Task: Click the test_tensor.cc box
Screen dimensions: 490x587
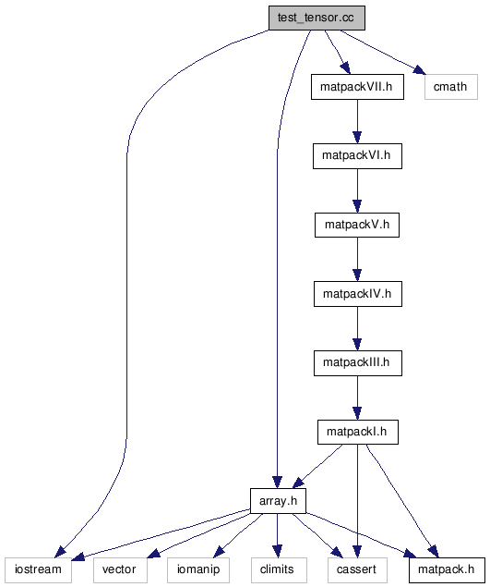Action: (317, 18)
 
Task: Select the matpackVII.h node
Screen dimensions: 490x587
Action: (357, 87)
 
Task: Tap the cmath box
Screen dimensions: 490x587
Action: (451, 87)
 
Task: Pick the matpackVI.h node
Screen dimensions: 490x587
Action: (357, 155)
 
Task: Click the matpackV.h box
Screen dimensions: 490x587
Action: (357, 225)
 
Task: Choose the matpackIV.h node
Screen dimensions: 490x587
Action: (358, 294)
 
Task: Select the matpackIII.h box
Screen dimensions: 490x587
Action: (358, 363)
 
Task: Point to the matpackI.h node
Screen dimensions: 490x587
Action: (358, 432)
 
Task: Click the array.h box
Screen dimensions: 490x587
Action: (278, 501)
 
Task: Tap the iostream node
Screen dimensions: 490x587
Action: (38, 570)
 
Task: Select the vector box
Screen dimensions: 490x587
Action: (120, 570)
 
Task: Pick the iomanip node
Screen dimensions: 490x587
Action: (198, 570)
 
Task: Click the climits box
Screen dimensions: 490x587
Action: (279, 570)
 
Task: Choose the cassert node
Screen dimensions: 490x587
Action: (357, 570)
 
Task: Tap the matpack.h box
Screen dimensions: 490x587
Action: (447, 570)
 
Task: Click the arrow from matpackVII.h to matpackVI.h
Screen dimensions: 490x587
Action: (357, 121)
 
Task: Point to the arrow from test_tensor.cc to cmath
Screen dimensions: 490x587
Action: (383, 52)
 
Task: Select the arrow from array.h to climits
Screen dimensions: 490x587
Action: (278, 536)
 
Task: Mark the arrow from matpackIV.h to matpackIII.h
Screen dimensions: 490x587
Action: (357, 329)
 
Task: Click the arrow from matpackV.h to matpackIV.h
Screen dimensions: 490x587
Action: (357, 260)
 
